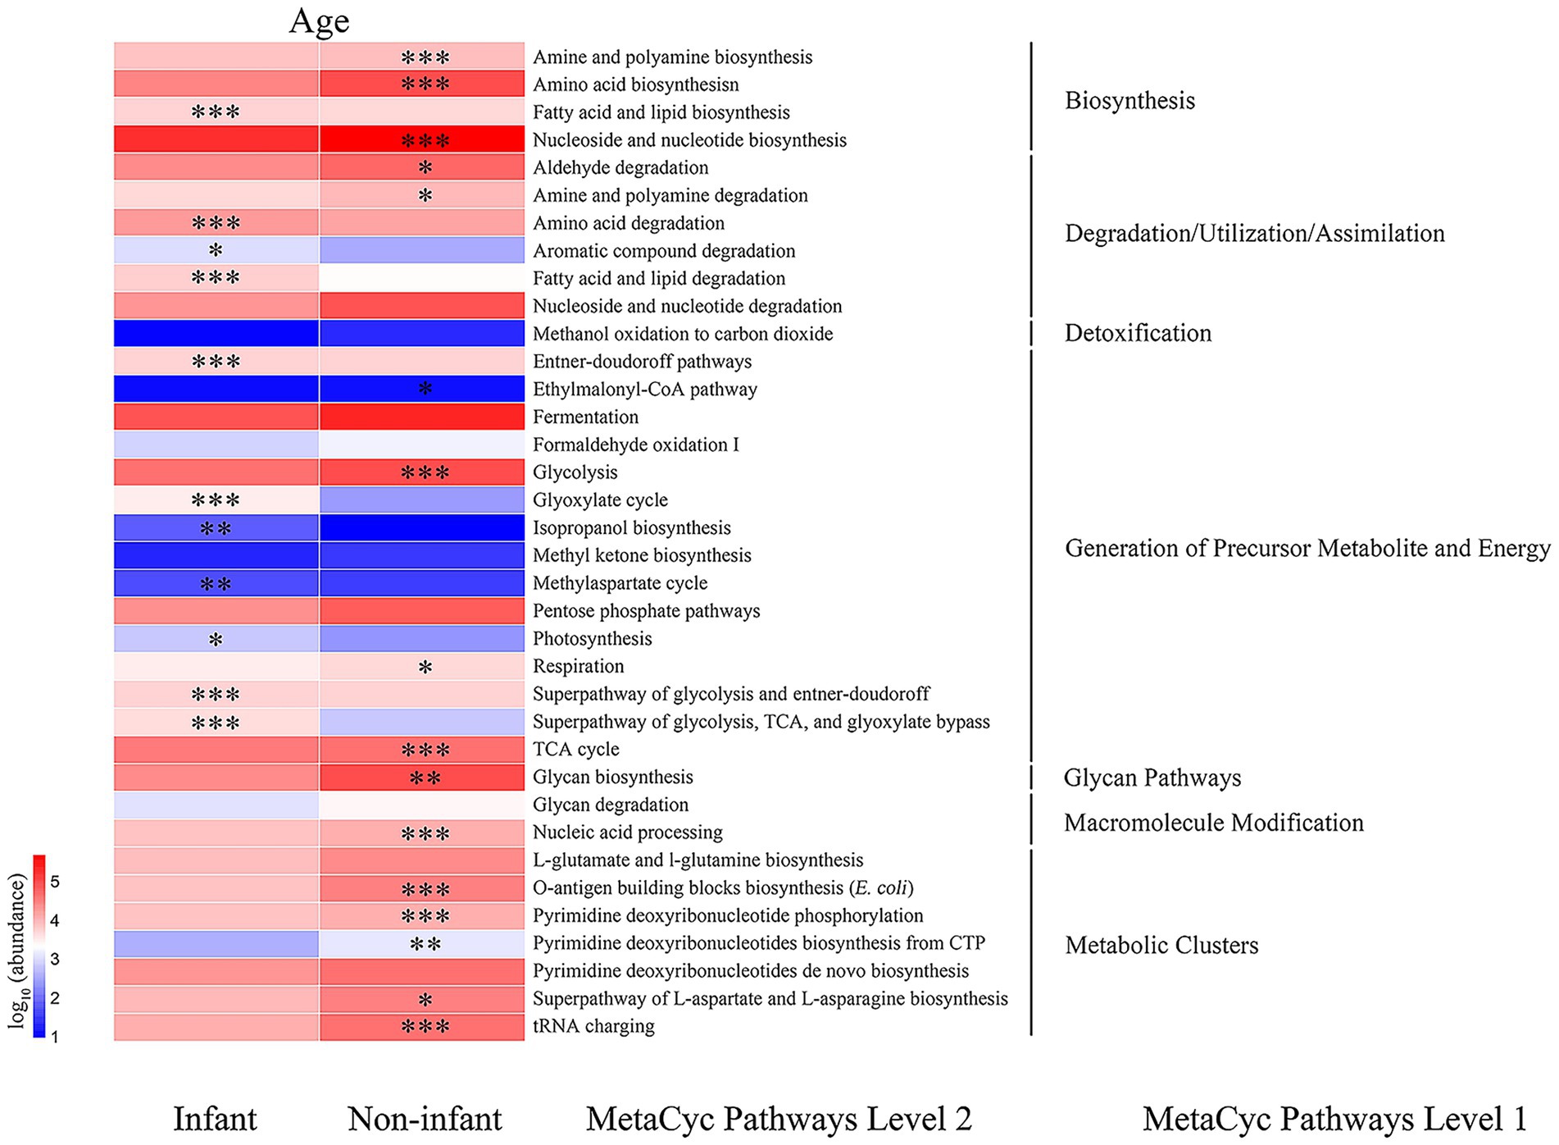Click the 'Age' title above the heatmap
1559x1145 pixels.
point(319,21)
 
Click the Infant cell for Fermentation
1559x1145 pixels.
point(216,417)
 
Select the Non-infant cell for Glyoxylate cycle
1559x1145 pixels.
point(422,500)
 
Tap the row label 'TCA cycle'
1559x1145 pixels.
point(575,749)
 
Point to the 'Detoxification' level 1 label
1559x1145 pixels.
point(1137,333)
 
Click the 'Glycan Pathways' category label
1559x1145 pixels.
point(1152,778)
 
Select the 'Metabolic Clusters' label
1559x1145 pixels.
point(1161,945)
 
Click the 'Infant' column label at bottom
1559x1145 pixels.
point(215,1119)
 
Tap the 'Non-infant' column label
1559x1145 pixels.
point(425,1119)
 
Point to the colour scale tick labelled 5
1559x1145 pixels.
point(55,882)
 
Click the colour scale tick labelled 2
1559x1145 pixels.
point(55,998)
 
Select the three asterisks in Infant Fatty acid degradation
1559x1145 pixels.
point(216,278)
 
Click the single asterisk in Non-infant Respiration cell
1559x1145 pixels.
point(425,668)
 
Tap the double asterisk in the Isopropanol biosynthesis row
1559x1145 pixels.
point(216,529)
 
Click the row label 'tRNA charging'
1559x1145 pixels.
point(593,1026)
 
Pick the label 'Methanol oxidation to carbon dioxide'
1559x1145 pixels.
point(683,334)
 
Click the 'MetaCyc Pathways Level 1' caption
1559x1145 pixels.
point(1334,1119)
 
